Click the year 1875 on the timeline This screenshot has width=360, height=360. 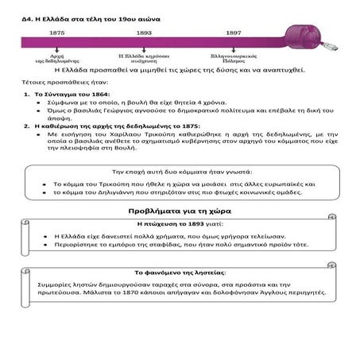click(57, 33)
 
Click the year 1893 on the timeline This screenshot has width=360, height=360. click(144, 33)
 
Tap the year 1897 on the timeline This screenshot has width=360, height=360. click(233, 33)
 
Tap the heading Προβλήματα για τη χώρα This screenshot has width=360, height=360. click(180, 211)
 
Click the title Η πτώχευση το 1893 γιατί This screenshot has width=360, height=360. click(179, 224)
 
